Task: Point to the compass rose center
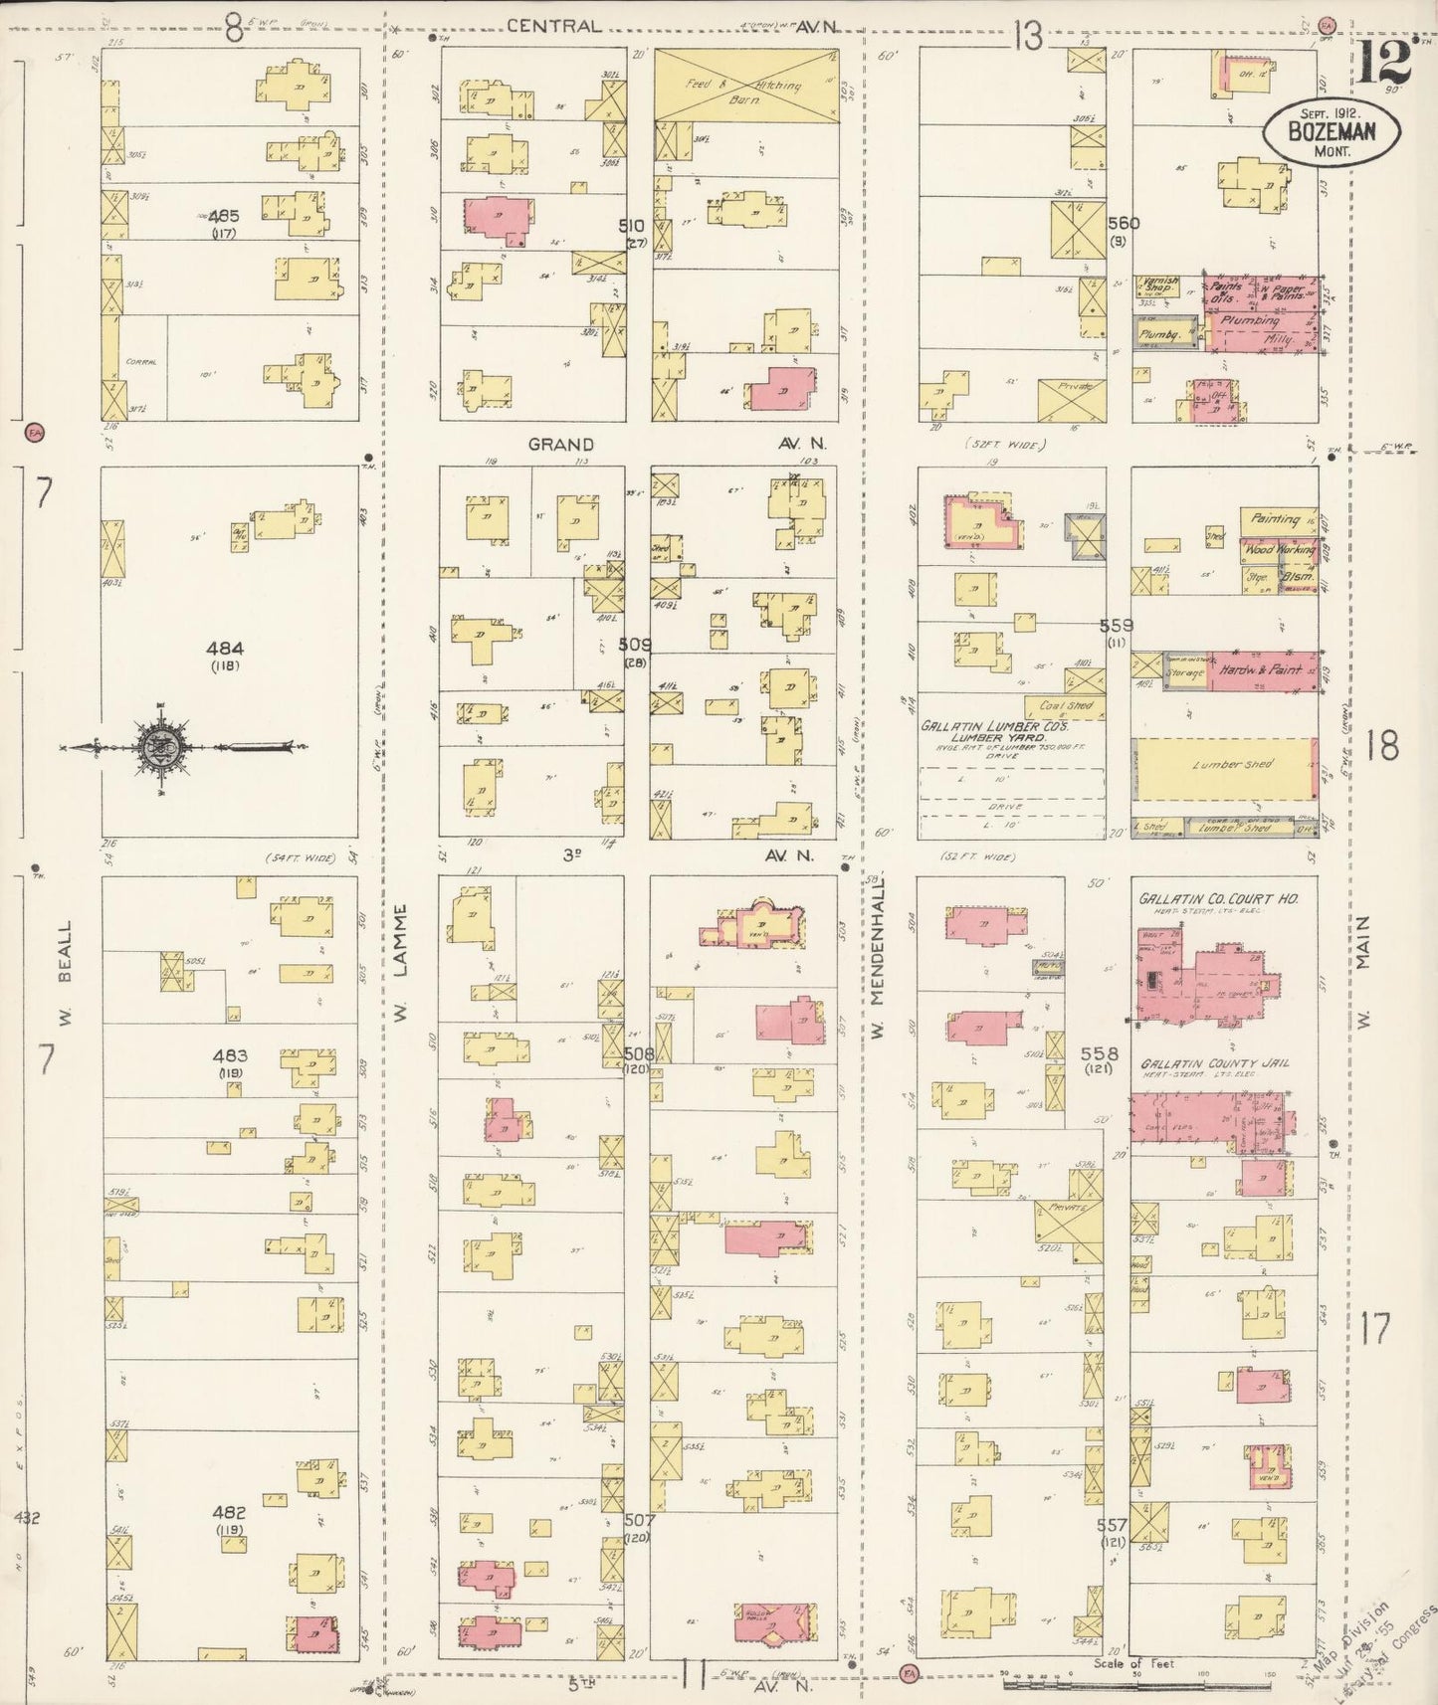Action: coord(161,747)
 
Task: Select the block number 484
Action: coord(225,648)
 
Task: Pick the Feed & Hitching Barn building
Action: coord(745,86)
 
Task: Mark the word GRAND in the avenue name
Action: coord(560,445)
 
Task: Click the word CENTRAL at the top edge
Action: coord(553,26)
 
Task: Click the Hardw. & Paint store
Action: coord(1260,670)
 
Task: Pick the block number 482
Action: coord(228,1512)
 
